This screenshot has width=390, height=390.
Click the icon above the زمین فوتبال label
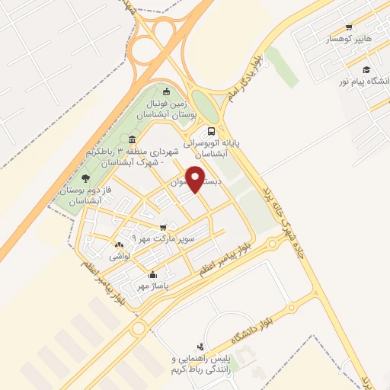tap(167, 92)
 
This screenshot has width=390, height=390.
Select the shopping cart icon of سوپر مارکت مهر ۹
tap(163, 227)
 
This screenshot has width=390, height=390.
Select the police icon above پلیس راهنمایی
tap(200, 346)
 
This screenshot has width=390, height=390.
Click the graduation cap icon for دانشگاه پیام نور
tap(368, 69)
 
